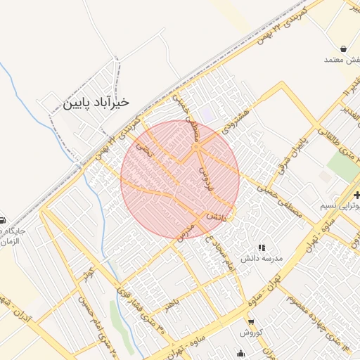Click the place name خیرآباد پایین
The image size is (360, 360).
96,102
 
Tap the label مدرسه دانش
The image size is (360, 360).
262,259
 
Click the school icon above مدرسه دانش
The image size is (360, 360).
262,247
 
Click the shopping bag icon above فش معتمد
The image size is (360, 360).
342,49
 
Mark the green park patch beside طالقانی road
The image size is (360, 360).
343,167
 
